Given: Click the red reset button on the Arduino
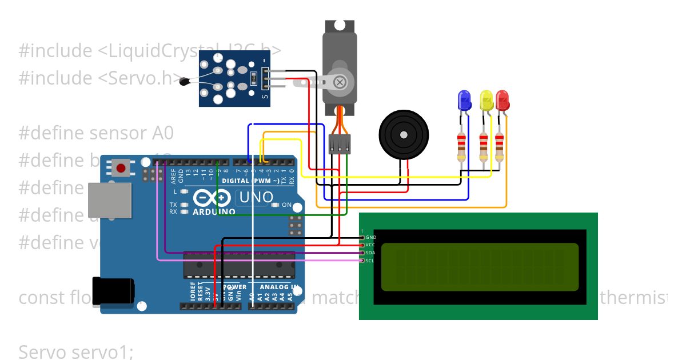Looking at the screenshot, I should point(121,168).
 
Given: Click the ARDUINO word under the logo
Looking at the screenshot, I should point(214,212).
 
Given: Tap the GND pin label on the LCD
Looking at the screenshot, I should point(370,237).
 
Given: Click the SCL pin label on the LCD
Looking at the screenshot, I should point(370,261).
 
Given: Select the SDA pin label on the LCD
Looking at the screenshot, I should point(370,253).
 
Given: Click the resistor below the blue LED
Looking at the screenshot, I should point(461,147).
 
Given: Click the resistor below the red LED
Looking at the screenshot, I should point(500,147).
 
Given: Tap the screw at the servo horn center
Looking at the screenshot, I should point(340,82).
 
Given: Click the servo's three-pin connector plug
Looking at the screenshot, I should point(340,145).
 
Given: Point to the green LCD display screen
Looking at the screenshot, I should point(479,266).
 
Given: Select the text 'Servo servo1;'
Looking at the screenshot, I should point(75,351).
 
